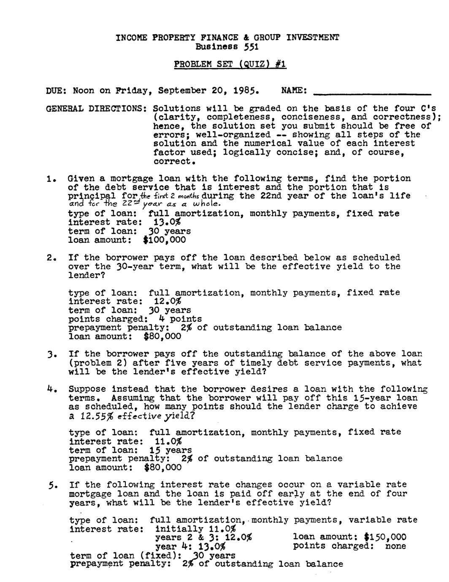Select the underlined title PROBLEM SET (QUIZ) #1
(x=230, y=64)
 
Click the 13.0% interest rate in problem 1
(x=165, y=222)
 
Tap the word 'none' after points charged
(x=395, y=546)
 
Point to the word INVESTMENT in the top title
(x=312, y=38)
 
